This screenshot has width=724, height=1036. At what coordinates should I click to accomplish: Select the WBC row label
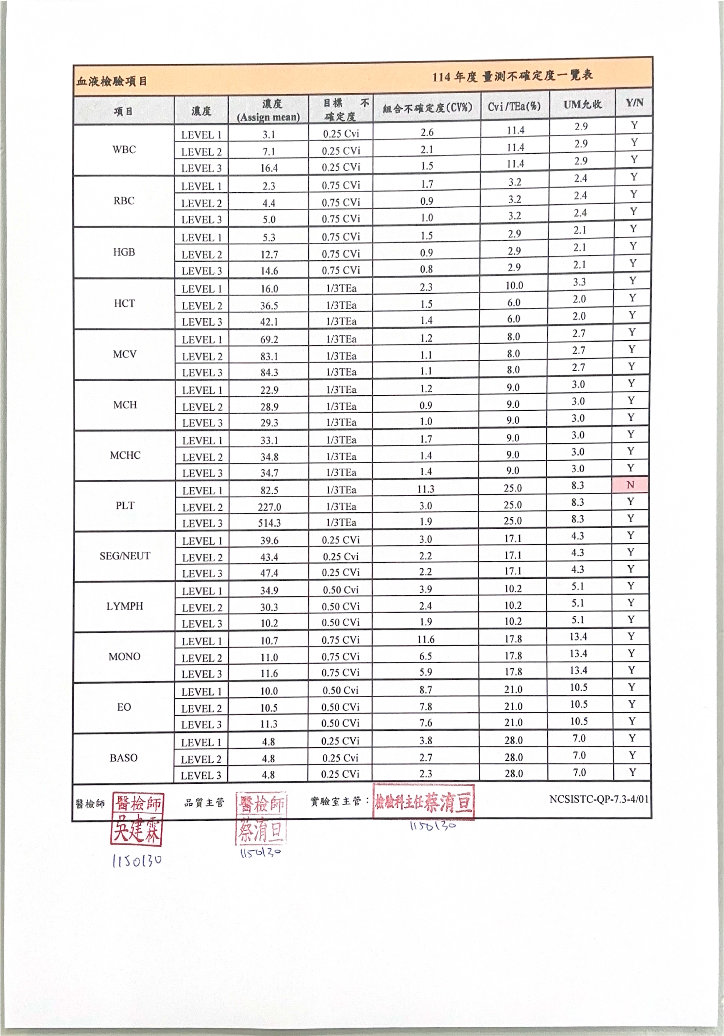(124, 149)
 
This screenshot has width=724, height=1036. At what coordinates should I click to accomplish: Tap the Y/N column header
(634, 103)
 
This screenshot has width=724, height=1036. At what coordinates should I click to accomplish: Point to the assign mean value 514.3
(269, 523)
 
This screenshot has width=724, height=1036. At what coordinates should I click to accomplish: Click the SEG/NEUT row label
(125, 556)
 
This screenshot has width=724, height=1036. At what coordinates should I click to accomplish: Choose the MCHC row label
(125, 455)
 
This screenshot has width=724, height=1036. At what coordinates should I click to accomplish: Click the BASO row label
(124, 758)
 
